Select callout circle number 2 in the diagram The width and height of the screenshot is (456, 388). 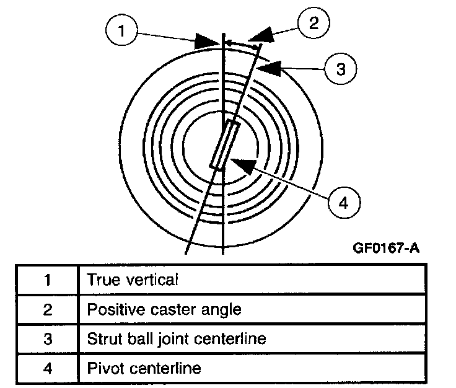tap(312, 24)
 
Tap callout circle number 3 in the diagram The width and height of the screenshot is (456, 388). tap(340, 69)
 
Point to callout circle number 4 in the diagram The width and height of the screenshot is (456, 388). tap(343, 201)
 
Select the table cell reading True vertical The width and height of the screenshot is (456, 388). tap(133, 280)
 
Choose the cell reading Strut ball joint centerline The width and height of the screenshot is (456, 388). tap(177, 339)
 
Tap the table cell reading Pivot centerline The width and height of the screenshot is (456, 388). tap(144, 369)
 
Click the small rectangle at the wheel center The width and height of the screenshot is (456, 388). tap(224, 145)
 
